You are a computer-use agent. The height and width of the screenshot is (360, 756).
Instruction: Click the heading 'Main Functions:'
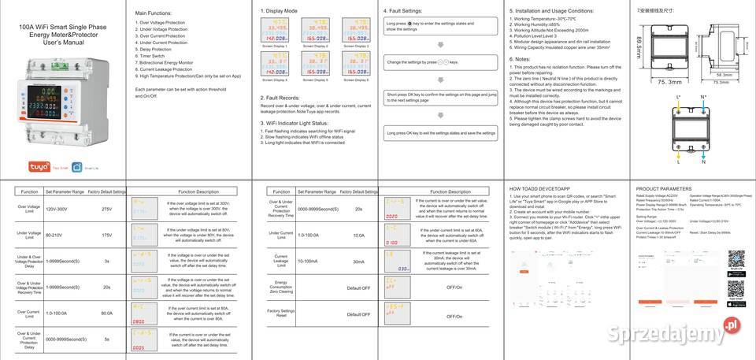tap(154, 13)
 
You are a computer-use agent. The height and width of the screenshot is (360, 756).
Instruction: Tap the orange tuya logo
tap(38, 167)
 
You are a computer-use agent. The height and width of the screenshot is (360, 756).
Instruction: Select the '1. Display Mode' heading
tap(279, 11)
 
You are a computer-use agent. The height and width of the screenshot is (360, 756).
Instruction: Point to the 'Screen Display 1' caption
tap(276, 46)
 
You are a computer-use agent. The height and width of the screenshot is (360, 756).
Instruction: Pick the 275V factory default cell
tap(107, 210)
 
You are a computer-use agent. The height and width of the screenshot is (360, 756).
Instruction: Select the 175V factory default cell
tap(107, 236)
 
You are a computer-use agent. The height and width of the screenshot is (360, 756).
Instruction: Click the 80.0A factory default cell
tap(107, 314)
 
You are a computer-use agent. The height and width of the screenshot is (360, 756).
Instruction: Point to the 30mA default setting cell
tap(359, 262)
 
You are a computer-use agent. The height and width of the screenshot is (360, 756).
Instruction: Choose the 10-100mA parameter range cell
tap(309, 262)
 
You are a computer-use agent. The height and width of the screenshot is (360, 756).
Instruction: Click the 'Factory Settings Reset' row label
tap(281, 314)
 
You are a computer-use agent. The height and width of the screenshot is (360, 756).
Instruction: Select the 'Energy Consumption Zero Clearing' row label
tap(281, 288)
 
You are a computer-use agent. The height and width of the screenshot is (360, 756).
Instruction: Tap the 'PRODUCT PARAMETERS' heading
tap(664, 189)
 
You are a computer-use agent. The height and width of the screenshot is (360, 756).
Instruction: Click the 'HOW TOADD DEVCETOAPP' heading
tap(539, 189)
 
